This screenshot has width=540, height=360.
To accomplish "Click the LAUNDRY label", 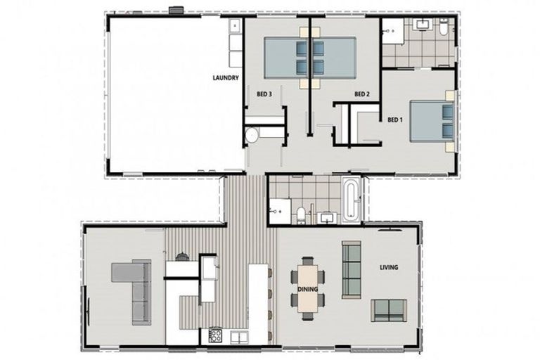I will point(226,78).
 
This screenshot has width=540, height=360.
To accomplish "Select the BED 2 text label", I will point(361,94).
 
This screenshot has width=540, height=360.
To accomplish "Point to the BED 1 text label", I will point(396,119).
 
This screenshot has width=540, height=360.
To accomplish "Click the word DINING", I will point(307,289).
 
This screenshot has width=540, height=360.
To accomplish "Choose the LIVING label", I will point(388,267).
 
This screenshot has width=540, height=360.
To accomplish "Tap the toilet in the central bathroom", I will point(300,214).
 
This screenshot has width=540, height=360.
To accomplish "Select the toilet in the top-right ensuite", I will point(444,29).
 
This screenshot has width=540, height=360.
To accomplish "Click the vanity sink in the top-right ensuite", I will point(423,26).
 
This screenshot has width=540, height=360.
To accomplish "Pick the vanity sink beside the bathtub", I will point(327,217).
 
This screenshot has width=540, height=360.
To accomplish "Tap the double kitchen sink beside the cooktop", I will point(239,337).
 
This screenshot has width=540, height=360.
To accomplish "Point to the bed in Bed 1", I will point(430,121).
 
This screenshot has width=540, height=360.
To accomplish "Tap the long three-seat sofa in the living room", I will point(351,269).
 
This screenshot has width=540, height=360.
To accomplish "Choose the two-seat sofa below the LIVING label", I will point(388,310).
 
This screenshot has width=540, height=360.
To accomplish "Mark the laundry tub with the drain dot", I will point(235,26).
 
